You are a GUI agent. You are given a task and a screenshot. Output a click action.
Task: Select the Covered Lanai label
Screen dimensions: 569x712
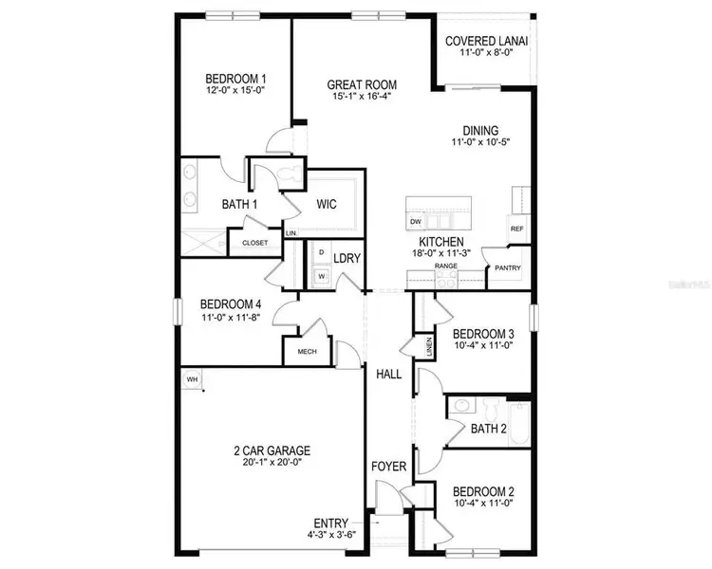(x=487, y=42)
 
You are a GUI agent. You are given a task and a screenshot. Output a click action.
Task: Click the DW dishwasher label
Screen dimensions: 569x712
(x=415, y=222)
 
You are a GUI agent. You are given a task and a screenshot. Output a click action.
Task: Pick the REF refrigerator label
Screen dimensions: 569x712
(x=517, y=229)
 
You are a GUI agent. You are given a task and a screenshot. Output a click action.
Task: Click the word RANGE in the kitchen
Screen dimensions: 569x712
(x=447, y=266)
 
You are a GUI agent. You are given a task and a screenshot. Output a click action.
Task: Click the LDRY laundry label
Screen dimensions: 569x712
(x=347, y=258)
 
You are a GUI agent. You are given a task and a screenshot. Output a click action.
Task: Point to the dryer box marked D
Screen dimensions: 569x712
(x=321, y=253)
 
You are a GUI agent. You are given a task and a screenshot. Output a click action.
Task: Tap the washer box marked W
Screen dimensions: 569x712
(x=321, y=276)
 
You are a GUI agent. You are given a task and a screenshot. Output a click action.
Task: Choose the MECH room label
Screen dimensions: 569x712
(x=308, y=350)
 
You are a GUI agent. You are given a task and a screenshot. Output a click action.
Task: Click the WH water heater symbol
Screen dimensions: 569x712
(x=193, y=379)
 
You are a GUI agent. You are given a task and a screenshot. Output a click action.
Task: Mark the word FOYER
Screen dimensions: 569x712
(x=388, y=467)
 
